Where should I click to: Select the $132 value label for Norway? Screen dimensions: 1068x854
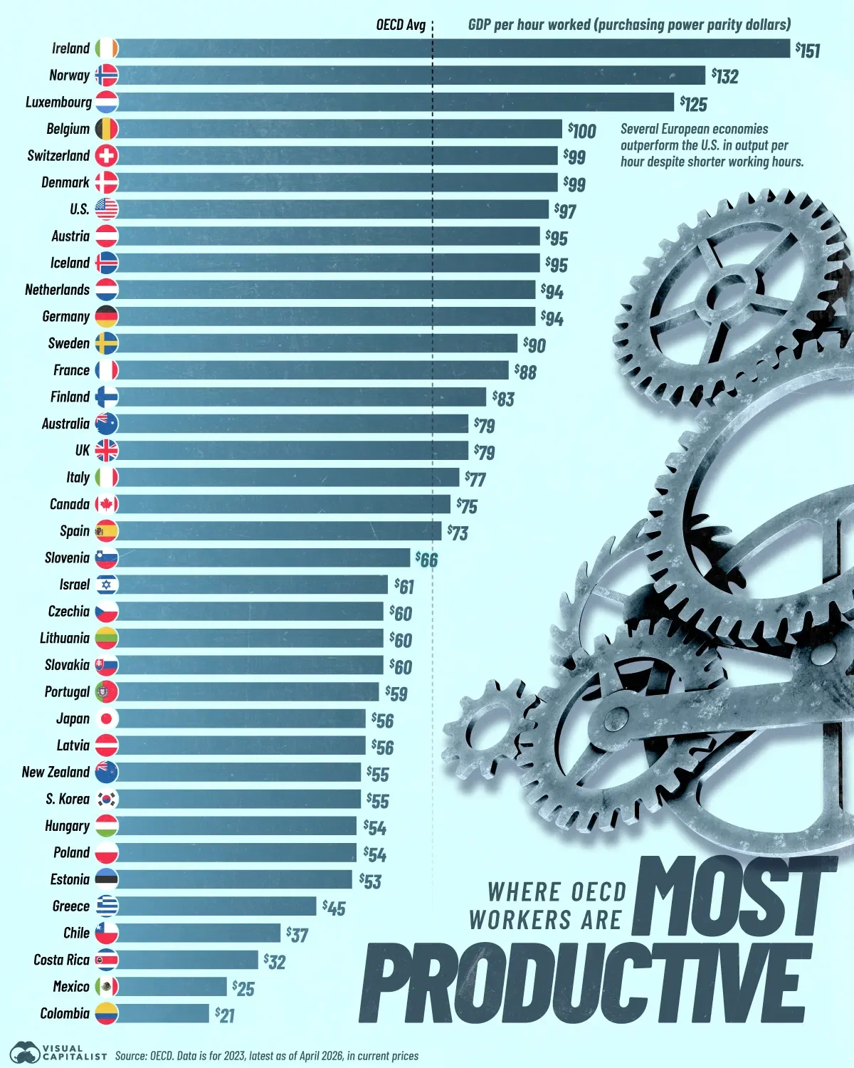725,75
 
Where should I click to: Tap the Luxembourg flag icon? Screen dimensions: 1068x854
107,102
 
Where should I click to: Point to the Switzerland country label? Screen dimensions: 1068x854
58,155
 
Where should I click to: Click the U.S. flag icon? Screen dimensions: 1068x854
107,209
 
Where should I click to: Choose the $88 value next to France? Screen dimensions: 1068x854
526,371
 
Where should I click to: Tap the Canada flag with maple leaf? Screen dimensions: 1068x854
107,504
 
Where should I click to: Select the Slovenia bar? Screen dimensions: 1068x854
263,557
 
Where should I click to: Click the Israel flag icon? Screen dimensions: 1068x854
107,585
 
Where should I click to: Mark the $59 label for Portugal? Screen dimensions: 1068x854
397,693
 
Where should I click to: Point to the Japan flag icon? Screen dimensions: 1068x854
107,718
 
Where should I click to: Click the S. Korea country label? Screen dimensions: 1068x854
68,799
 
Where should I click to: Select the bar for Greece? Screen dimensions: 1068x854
216,906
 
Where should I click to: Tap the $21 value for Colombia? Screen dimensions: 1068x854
225,1015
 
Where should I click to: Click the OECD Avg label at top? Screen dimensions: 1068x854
401,25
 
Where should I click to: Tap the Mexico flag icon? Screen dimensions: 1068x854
107,987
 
